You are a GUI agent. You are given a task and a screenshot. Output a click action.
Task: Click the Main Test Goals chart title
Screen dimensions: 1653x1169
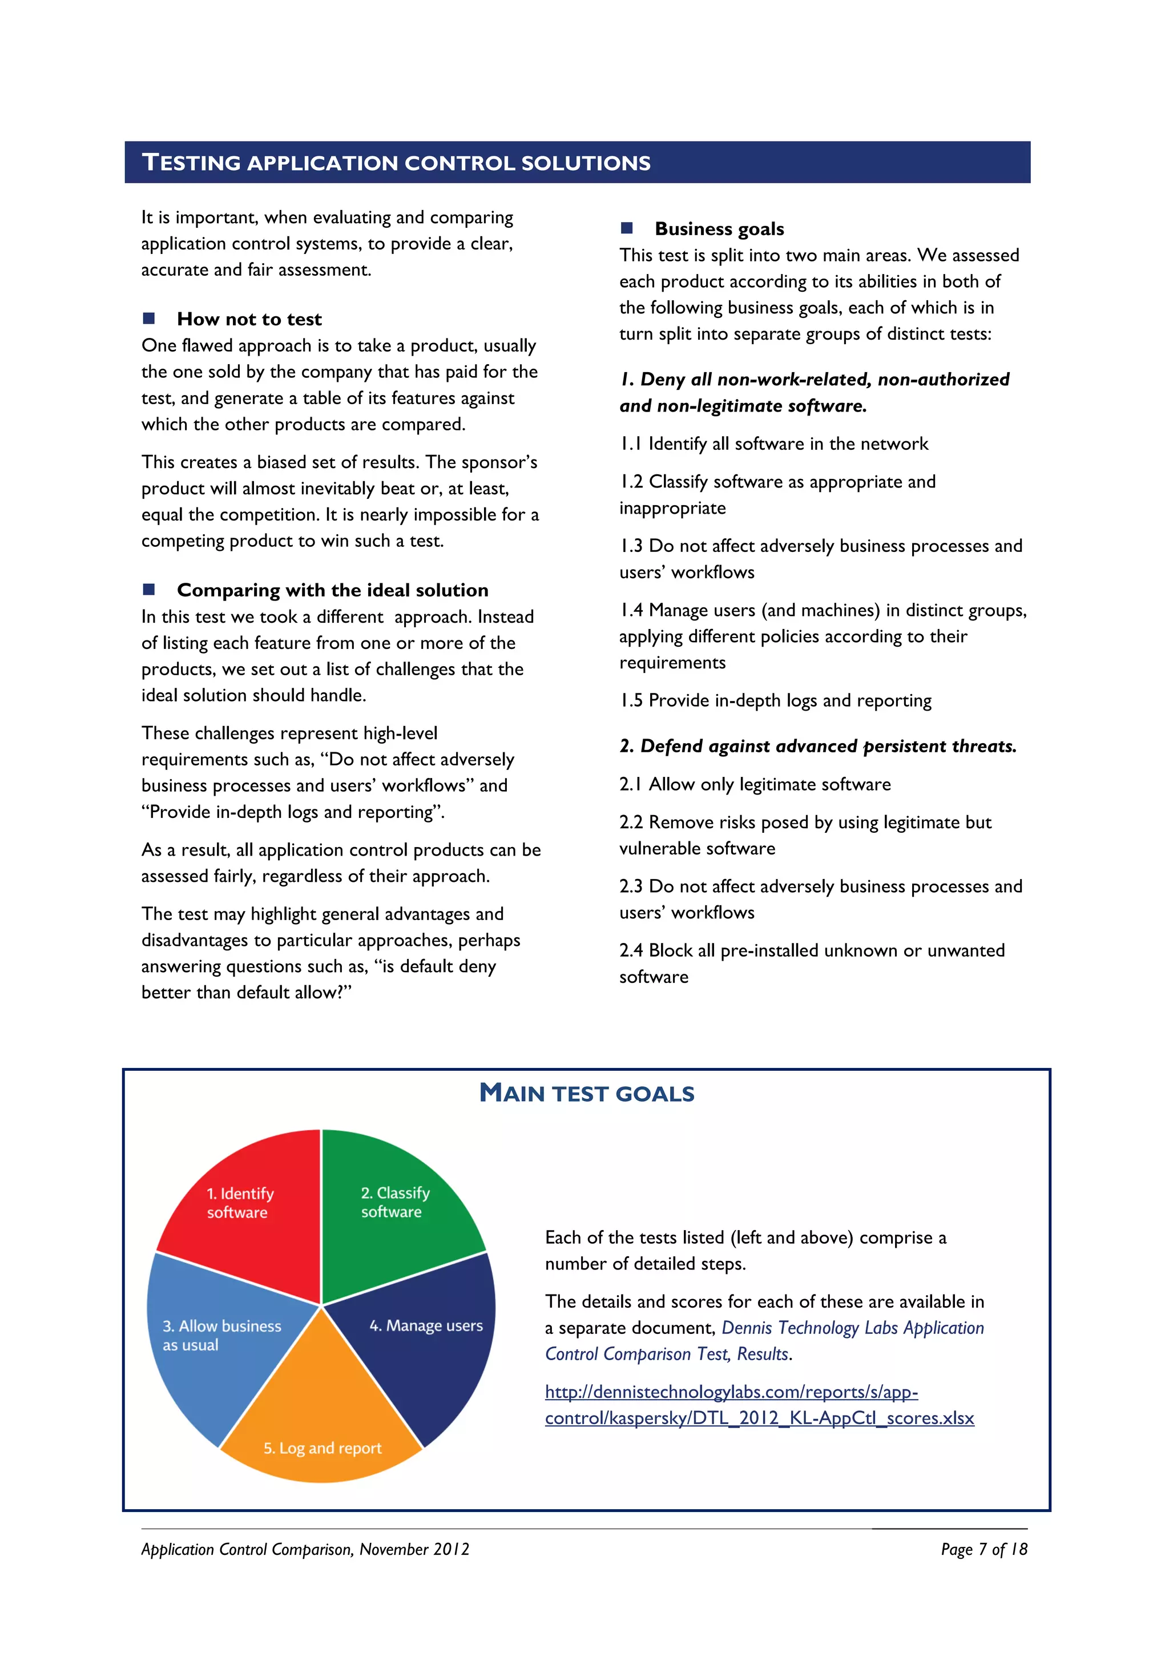click(x=587, y=1094)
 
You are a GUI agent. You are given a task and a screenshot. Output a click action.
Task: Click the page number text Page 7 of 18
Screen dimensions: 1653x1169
click(x=983, y=1549)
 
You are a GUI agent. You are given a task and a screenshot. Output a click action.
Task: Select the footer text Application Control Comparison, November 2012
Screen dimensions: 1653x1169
click(x=305, y=1549)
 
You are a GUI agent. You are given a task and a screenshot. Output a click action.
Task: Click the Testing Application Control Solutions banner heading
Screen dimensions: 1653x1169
click(x=396, y=163)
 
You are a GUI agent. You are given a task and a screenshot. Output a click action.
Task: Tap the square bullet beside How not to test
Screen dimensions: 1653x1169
click(x=149, y=318)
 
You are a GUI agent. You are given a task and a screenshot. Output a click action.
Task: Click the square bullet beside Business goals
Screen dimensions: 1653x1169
click(x=626, y=228)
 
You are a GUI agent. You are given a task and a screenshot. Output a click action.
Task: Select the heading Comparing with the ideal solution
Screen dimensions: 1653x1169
click(x=333, y=590)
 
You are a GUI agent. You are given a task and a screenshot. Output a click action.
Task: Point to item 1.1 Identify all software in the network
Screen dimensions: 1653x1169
click(x=774, y=444)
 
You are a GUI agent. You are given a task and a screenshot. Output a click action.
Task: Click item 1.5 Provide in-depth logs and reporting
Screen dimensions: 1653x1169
click(x=775, y=700)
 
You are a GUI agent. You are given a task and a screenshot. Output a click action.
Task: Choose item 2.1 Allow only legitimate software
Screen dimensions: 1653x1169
click(x=755, y=784)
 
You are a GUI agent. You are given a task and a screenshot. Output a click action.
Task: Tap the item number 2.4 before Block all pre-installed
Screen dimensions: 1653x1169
click(x=631, y=950)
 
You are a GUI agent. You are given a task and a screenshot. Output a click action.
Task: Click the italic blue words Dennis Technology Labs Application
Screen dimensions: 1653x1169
click(x=852, y=1328)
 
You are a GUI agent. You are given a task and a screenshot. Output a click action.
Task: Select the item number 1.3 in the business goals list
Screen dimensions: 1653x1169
click(x=631, y=546)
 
